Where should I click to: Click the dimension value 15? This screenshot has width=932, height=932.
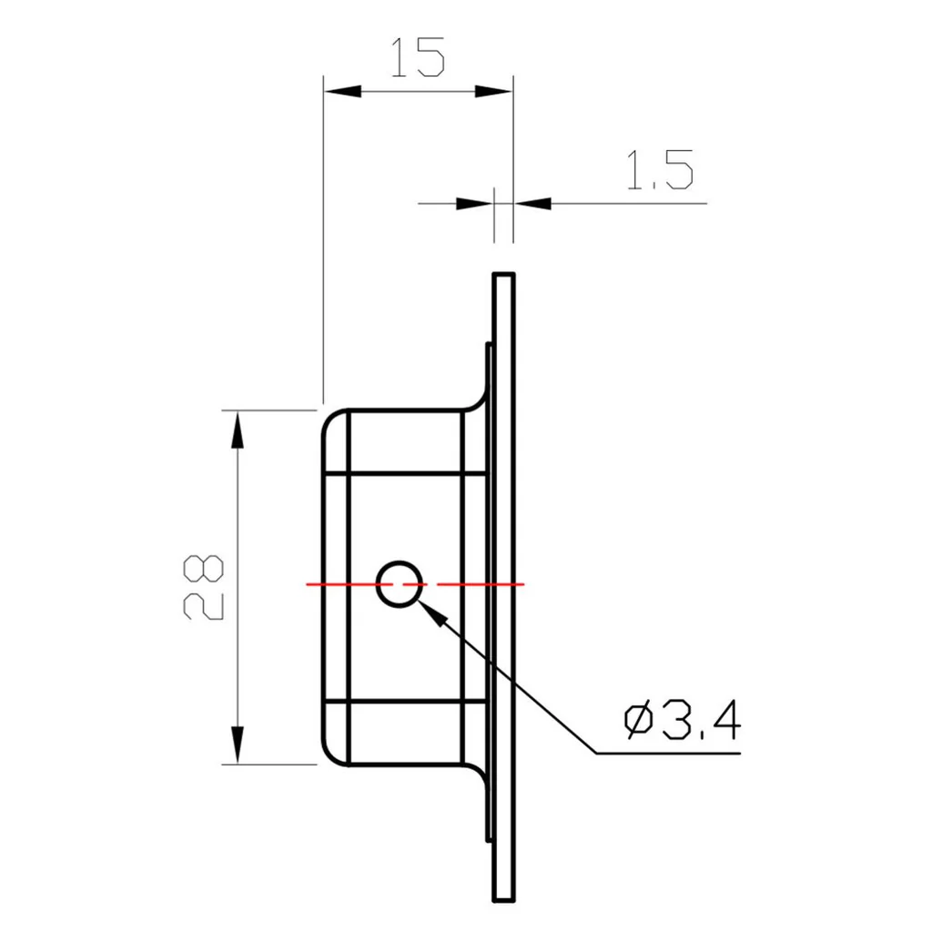coord(418,57)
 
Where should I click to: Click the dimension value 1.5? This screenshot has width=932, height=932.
coord(660,171)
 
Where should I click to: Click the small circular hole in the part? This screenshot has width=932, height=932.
coord(399,583)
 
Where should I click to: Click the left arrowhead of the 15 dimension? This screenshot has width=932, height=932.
coord(342,91)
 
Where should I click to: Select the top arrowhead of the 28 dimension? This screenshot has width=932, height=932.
coord(237,429)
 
